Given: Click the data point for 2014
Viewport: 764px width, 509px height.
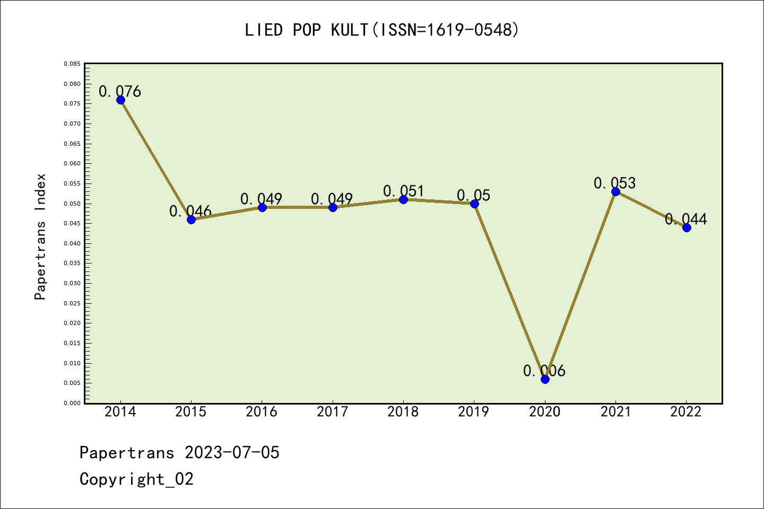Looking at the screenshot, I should [x=120, y=100].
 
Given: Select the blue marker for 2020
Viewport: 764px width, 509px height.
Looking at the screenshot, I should [x=545, y=379].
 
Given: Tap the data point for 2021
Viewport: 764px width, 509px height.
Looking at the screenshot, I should [x=615, y=191].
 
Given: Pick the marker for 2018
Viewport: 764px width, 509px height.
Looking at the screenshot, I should [x=403, y=199].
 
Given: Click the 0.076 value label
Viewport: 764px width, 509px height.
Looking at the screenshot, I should [x=120, y=91].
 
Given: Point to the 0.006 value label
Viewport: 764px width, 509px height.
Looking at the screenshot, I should [x=544, y=371].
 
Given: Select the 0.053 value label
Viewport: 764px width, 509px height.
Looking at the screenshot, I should [x=615, y=183].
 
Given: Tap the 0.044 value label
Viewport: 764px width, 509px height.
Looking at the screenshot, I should [x=686, y=219].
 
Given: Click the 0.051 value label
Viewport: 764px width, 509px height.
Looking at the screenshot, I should [x=404, y=191].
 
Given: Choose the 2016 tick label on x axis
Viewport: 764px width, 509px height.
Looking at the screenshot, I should [x=262, y=412].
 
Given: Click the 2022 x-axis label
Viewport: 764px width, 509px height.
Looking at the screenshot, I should [x=686, y=412].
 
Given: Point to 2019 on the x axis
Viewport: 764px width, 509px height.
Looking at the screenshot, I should [x=474, y=412].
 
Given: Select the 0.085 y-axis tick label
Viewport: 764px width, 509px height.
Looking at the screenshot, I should [x=72, y=64].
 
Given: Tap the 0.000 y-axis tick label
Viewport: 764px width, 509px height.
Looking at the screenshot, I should [x=72, y=403].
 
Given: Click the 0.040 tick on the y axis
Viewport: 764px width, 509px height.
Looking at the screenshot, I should [x=72, y=243].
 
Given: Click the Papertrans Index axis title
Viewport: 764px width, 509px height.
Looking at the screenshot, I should [x=40, y=236].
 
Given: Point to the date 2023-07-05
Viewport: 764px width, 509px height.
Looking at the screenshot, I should [x=232, y=452].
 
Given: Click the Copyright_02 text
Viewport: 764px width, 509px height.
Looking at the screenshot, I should [x=136, y=479].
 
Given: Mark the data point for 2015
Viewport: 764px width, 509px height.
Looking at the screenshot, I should [x=191, y=220].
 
